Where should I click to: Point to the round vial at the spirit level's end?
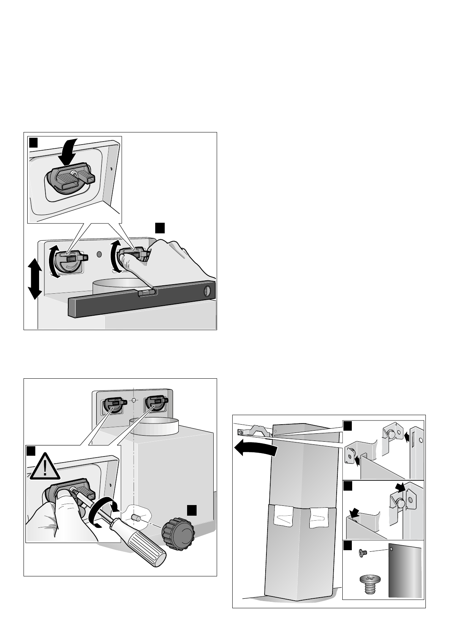[207, 290]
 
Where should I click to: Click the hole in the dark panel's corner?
[391, 549]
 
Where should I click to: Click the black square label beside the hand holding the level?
[160, 228]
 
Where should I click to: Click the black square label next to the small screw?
[348, 546]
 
